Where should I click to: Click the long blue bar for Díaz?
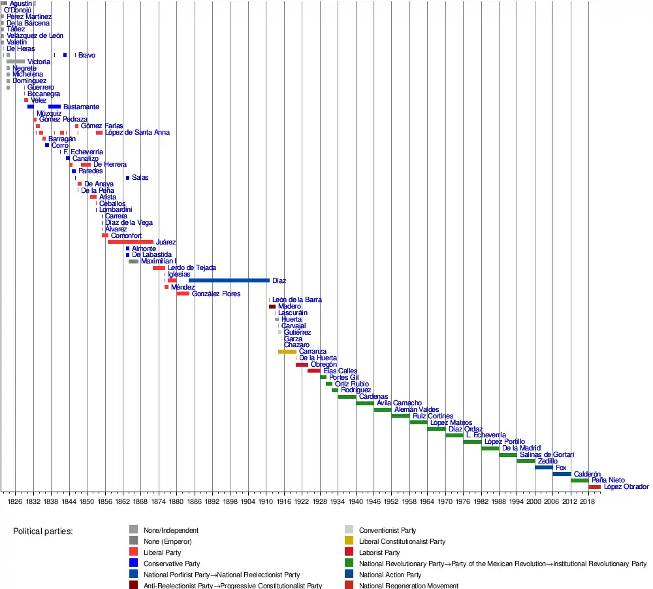pos(229,280)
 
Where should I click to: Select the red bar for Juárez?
pos(131,242)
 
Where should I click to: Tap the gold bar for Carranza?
pos(287,352)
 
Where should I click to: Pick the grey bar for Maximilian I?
pos(133,261)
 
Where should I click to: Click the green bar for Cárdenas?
pos(347,397)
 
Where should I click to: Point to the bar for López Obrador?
pos(594,487)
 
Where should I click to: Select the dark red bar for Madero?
pos(272,307)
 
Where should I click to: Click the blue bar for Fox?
pos(543,467)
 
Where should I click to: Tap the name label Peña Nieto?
pos(607,480)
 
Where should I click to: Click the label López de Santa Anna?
pos(137,133)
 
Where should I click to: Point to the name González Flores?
pos(216,294)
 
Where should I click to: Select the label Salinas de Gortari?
pos(547,455)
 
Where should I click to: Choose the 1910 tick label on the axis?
pos(266,500)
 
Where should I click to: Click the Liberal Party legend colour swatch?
pos(133,552)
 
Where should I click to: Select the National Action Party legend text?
pos(390,575)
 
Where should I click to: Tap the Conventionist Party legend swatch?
pos(349,530)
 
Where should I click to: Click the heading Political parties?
pos(43,531)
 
